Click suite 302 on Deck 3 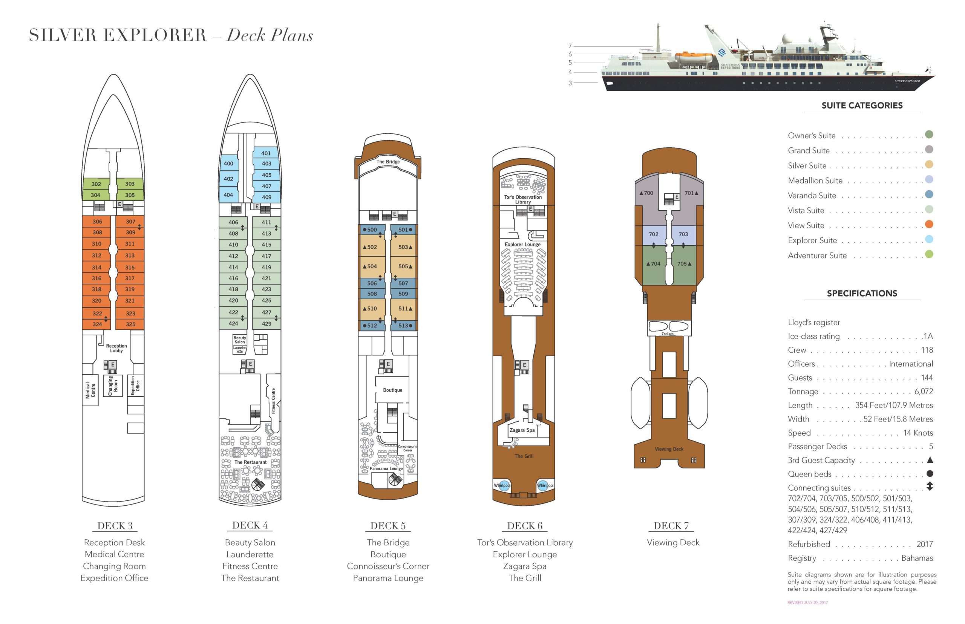(96, 184)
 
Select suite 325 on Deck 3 (130, 324)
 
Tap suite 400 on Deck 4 (228, 163)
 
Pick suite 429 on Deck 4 (266, 323)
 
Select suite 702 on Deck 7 (654, 234)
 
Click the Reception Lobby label (116, 348)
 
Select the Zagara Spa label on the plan (522, 430)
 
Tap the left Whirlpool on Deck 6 (502, 485)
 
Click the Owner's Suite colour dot (929, 135)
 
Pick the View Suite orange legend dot (929, 224)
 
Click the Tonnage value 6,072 (923, 392)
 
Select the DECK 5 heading (388, 526)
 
